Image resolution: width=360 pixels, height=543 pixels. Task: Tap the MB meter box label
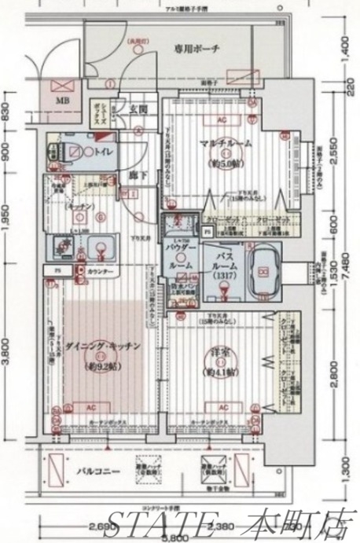click(x=61, y=101)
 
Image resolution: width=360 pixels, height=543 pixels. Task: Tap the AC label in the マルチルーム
click(x=222, y=120)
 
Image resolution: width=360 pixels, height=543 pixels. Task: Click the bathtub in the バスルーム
click(x=263, y=272)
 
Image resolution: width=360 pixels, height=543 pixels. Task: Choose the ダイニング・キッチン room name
click(x=102, y=347)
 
